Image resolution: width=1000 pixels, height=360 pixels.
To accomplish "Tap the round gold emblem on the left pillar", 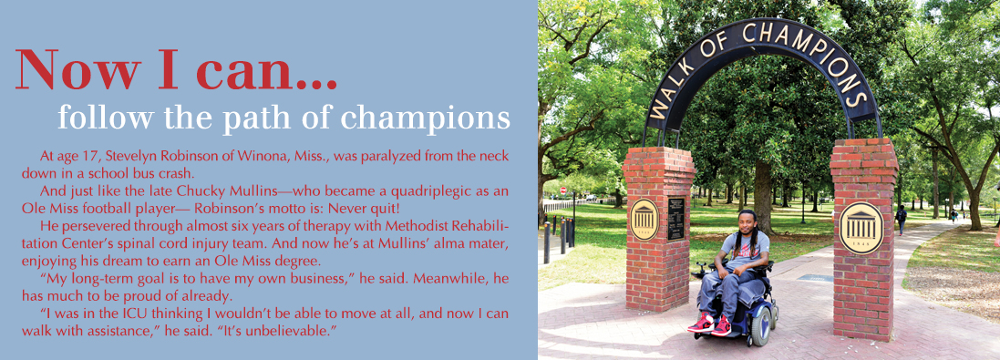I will point(644,219).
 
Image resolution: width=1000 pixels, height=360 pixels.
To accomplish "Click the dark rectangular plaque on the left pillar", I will point(675,218).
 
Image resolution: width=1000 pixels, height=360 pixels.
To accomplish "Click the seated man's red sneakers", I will point(712,324).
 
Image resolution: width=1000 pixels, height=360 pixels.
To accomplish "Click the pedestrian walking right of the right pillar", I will point(902,218).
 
